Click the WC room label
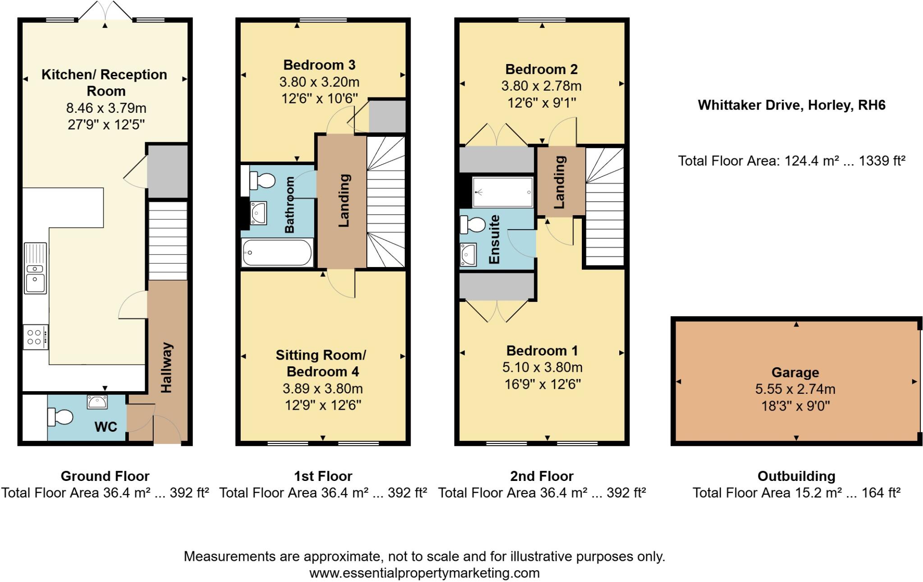click(105, 426)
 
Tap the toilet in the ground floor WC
click(60, 417)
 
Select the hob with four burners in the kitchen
click(36, 337)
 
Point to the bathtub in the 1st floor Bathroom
click(277, 253)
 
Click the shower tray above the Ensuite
click(503, 192)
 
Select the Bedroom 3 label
click(319, 65)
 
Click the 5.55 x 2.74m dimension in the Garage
click(795, 389)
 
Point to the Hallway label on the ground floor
click(166, 367)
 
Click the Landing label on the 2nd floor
click(559, 182)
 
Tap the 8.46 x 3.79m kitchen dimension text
click(106, 108)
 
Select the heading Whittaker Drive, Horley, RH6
click(791, 105)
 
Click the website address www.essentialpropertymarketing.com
click(424, 573)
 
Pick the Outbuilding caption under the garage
click(796, 476)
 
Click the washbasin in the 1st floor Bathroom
click(259, 213)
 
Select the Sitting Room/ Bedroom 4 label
click(321, 363)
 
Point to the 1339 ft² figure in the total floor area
click(882, 161)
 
